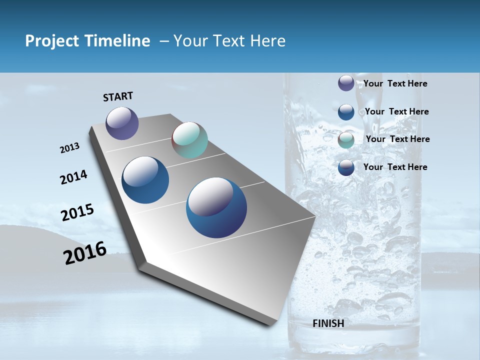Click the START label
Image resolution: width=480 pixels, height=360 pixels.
118,96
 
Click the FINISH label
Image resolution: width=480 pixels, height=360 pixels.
328,323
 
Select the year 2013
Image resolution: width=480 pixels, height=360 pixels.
69,148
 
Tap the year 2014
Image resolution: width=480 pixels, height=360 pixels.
73,177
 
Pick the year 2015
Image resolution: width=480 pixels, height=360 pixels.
77,212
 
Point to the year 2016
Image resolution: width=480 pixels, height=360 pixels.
85,253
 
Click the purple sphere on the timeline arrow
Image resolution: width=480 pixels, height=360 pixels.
122,123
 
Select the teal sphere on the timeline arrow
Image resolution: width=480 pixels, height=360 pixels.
189,140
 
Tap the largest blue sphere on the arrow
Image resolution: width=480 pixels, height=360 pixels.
216,207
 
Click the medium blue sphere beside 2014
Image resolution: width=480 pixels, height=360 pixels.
145,180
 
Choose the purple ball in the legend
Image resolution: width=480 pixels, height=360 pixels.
346,83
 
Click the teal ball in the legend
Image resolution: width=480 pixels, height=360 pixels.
346,140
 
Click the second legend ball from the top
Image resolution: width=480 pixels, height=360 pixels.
346,111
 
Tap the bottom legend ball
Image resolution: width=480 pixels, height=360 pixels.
346,167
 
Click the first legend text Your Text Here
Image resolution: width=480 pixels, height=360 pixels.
395,83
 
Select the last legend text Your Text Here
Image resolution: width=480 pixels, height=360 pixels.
395,167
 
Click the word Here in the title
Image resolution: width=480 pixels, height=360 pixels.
267,41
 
